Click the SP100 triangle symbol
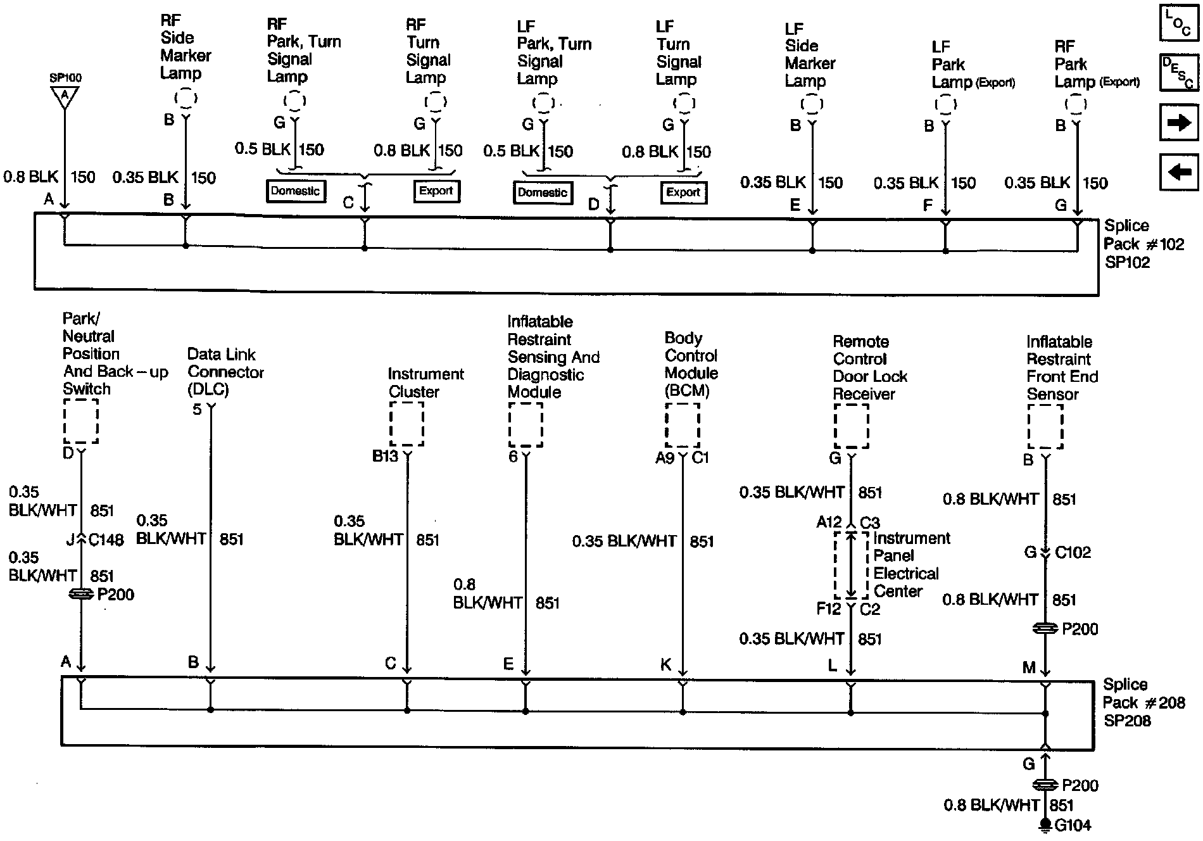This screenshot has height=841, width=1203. (x=65, y=97)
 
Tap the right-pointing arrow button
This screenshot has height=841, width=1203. (x=1178, y=122)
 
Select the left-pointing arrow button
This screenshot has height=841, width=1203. (x=1178, y=172)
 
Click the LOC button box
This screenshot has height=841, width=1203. (x=1178, y=23)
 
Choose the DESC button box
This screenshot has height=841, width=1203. (x=1178, y=72)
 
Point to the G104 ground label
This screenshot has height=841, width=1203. (x=1073, y=825)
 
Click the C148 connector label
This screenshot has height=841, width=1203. (x=106, y=540)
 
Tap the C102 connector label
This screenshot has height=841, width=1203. (x=1073, y=552)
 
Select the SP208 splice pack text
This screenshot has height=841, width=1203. (x=1127, y=721)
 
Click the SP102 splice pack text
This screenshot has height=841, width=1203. (x=1127, y=262)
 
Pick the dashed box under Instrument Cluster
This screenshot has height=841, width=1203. (x=406, y=424)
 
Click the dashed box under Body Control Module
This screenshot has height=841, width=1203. (x=683, y=424)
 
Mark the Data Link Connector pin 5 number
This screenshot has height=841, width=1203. (x=197, y=410)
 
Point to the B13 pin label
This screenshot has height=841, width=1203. (x=385, y=457)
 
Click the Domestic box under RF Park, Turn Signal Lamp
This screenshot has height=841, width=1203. (x=295, y=191)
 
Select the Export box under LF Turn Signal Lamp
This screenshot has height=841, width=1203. (x=683, y=193)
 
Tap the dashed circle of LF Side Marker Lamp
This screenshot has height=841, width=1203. (x=812, y=104)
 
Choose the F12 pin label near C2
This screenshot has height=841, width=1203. (x=828, y=609)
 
